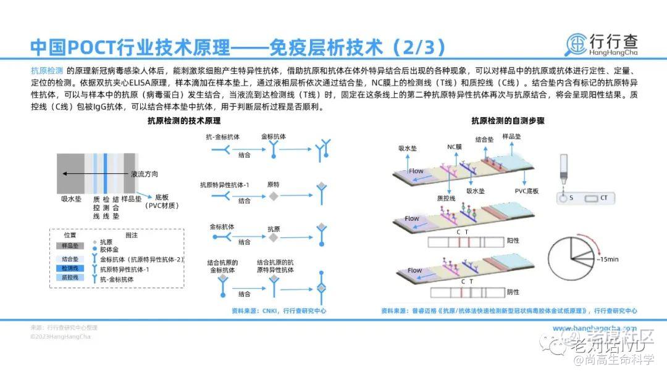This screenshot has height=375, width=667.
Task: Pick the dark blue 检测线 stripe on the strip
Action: tap(106, 173)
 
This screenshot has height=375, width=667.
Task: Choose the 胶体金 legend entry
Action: tap(110, 250)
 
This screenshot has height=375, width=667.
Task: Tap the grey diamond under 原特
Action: tap(273, 196)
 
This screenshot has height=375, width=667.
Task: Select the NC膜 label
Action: tap(455, 147)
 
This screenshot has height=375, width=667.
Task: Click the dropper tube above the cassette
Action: tap(563, 167)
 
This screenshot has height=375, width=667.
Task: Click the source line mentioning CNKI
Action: tap(279, 311)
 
